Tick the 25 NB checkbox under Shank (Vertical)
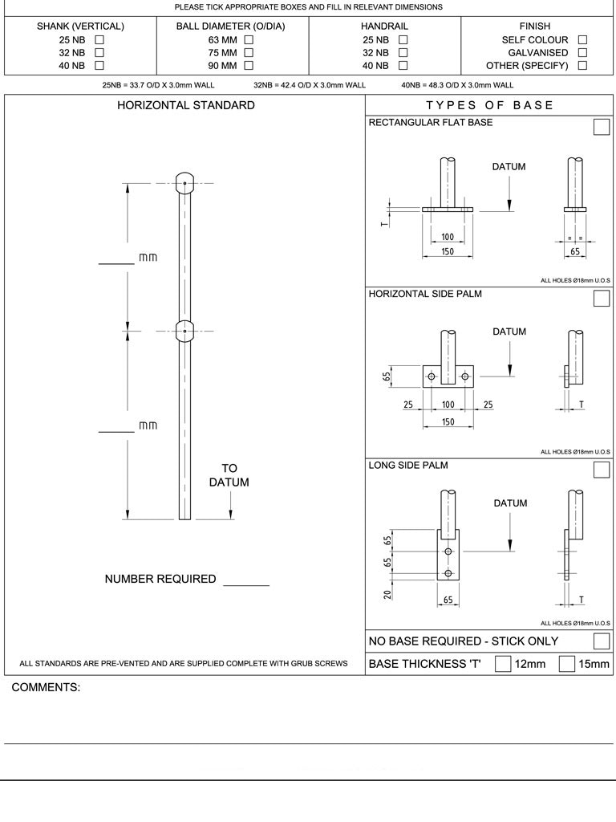99,39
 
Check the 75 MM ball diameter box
249,52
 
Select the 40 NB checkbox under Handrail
403,65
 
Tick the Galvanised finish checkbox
582,52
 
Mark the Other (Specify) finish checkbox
582,65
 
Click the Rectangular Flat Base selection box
601,127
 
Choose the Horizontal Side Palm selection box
601,299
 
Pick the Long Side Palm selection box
601,470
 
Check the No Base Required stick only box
601,641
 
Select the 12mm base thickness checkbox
503,664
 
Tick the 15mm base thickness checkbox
566,664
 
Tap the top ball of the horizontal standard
184,182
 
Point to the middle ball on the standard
184,331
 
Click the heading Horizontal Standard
186,105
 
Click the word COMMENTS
46,688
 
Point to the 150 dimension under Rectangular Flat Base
448,252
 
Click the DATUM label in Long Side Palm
510,503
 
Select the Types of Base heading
489,105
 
